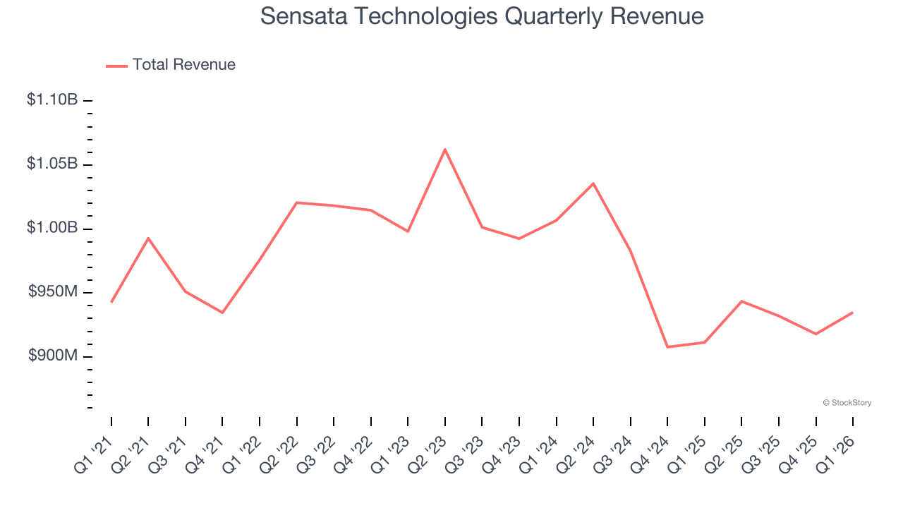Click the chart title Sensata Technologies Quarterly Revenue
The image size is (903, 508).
[x=482, y=16]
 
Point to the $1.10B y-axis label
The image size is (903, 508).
[x=52, y=100]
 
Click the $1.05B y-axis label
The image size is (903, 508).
[x=52, y=164]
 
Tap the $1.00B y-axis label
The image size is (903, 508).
[x=52, y=228]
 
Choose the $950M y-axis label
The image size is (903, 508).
[x=53, y=292]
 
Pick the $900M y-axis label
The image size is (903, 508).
[x=53, y=356]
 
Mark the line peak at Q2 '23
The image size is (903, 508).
[x=445, y=149]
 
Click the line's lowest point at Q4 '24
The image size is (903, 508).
[x=667, y=347]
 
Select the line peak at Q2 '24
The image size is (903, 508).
[x=593, y=183]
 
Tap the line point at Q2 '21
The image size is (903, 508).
[x=148, y=238]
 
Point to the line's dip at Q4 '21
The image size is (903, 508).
[x=222, y=313]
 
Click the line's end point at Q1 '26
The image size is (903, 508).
[x=852, y=313]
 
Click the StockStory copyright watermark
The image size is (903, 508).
[x=847, y=403]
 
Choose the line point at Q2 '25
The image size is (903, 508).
[x=741, y=301]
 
